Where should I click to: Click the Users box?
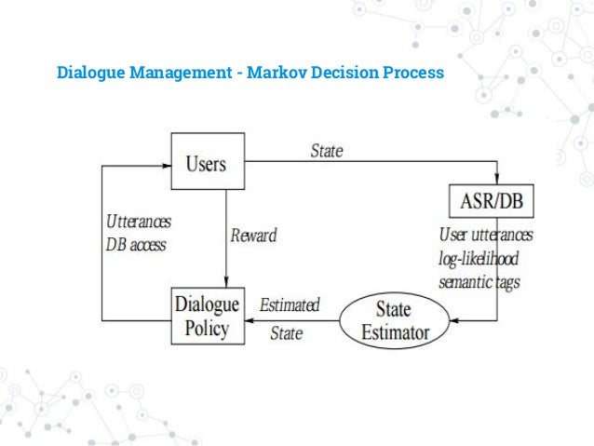[x=207, y=163]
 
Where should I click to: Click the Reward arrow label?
[x=253, y=235]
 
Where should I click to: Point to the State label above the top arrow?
[x=326, y=151]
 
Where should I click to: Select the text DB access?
[x=134, y=245]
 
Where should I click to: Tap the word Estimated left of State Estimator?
[x=290, y=304]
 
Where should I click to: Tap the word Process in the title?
[x=412, y=72]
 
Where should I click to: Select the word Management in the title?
[x=184, y=72]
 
